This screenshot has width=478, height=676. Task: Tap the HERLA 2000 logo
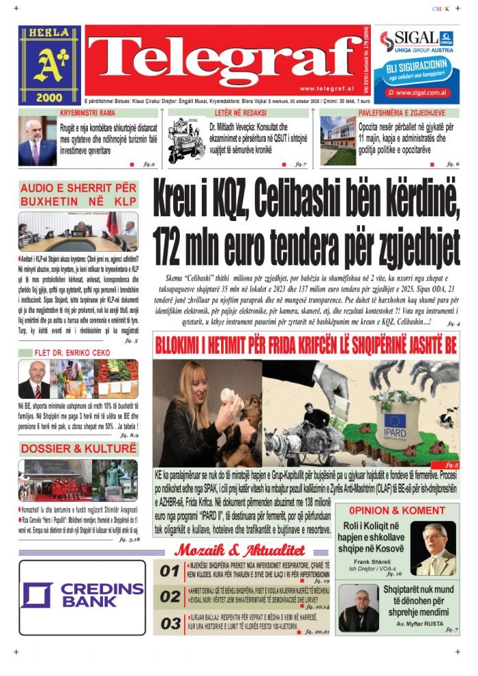pyautogui.click(x=49, y=65)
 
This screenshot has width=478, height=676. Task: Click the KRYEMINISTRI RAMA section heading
pyautogui.click(x=87, y=112)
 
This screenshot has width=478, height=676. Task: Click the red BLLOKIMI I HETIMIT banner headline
pyautogui.click(x=306, y=346)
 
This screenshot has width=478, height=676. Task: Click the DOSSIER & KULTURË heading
pyautogui.click(x=78, y=449)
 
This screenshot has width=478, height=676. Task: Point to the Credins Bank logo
pyautogui.click(x=82, y=594)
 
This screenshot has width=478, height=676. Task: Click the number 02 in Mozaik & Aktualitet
pyautogui.click(x=170, y=597)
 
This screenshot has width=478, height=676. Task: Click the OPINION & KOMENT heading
pyautogui.click(x=397, y=511)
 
